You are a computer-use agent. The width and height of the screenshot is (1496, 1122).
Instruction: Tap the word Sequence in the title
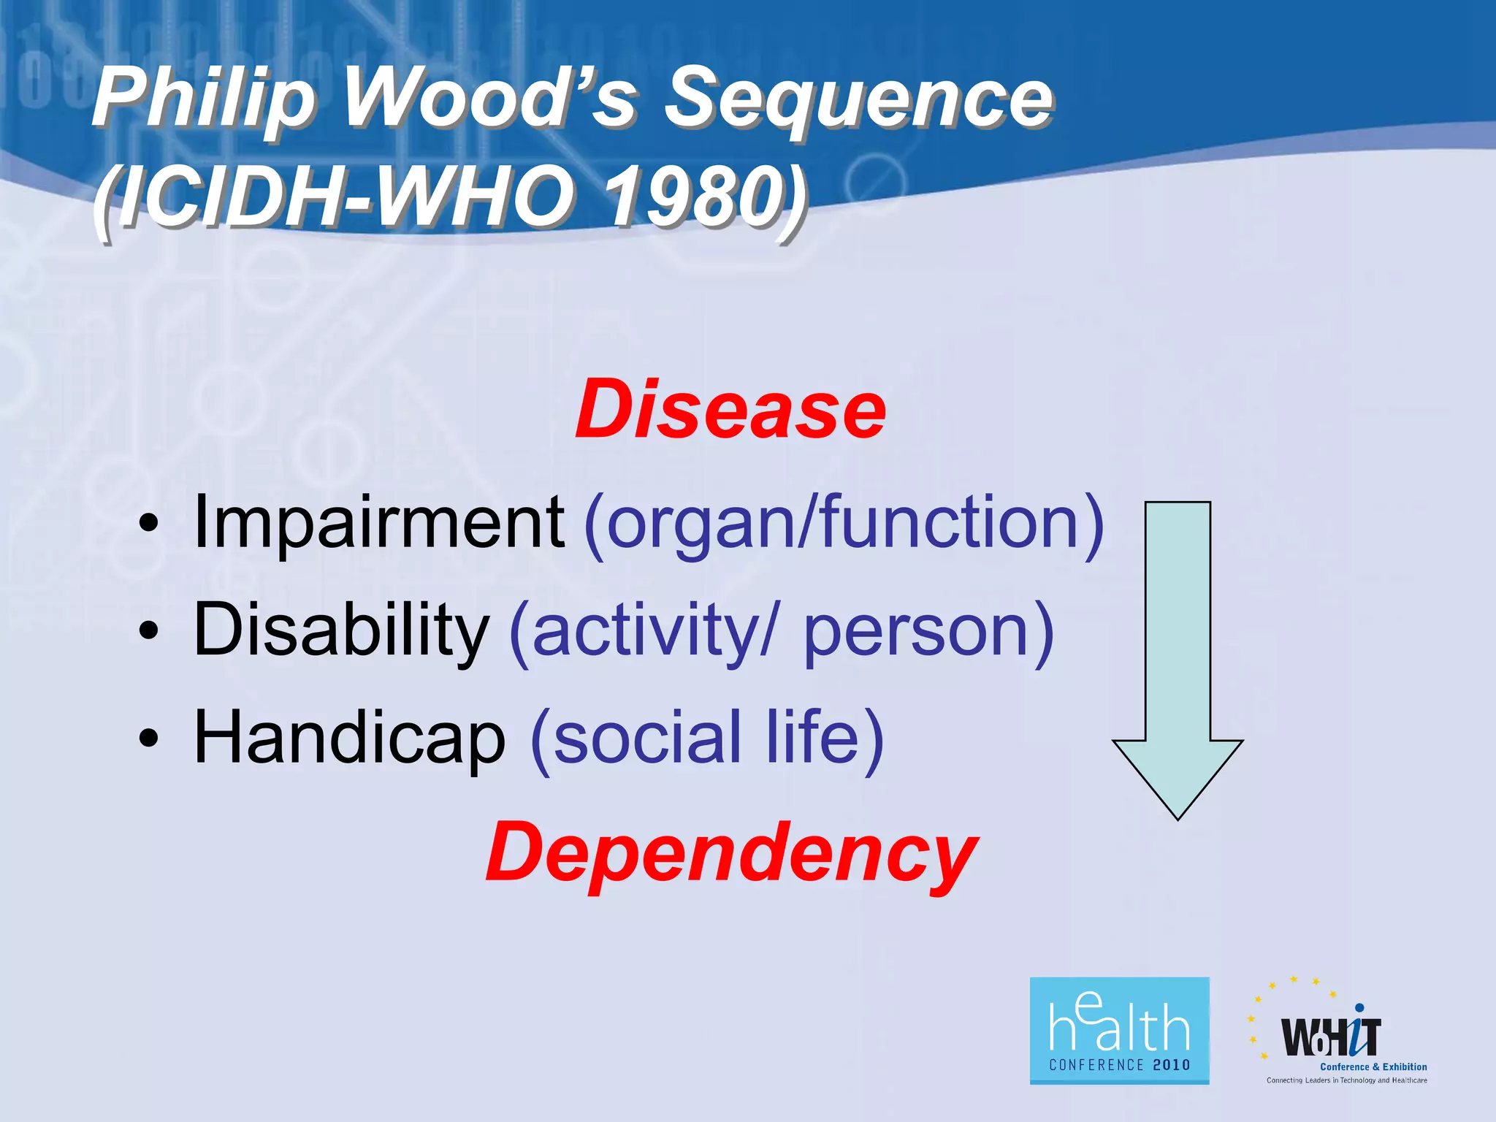coord(858,99)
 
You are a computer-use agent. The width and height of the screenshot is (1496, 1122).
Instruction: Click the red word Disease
coord(730,411)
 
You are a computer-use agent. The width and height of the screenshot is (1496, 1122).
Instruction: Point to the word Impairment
coord(378,522)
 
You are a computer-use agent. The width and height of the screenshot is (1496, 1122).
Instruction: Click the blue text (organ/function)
coord(844,523)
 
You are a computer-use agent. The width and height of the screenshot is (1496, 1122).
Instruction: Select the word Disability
coord(340,630)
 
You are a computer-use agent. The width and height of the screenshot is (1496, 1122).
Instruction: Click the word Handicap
coord(349,738)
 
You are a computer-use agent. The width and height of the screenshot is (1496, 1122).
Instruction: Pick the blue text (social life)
coord(707,738)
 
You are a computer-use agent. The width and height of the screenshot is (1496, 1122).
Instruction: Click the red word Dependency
coord(730,853)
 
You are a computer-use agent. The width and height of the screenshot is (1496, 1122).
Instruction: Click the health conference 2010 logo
coord(1119,1031)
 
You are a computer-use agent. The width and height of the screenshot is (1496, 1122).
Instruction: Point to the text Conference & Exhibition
coord(1373,1066)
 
